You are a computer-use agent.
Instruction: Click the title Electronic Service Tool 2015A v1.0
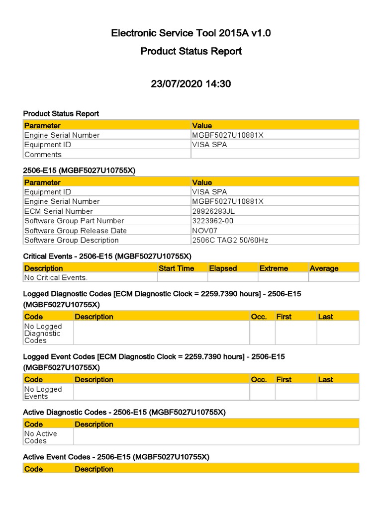pos(191,33)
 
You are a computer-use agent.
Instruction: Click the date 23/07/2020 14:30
pos(191,84)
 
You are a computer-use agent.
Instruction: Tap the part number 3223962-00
pos(213,221)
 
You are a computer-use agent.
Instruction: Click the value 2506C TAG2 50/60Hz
pos(230,240)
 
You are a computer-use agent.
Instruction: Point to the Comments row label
pos(43,155)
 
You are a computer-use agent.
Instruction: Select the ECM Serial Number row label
pos(59,211)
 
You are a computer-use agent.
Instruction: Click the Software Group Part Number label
pos(74,221)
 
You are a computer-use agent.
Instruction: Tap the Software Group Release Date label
pos(75,231)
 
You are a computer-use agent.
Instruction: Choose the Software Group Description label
pos(71,240)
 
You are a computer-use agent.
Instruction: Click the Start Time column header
pos(176,268)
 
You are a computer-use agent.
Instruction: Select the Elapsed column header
pos(223,268)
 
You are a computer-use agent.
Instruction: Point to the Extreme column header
pos(274,268)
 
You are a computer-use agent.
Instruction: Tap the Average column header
pos(324,268)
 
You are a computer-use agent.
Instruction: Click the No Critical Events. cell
pos(56,278)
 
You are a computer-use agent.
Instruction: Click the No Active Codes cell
pos(40,437)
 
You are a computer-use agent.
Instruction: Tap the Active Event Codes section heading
pos(116,457)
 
